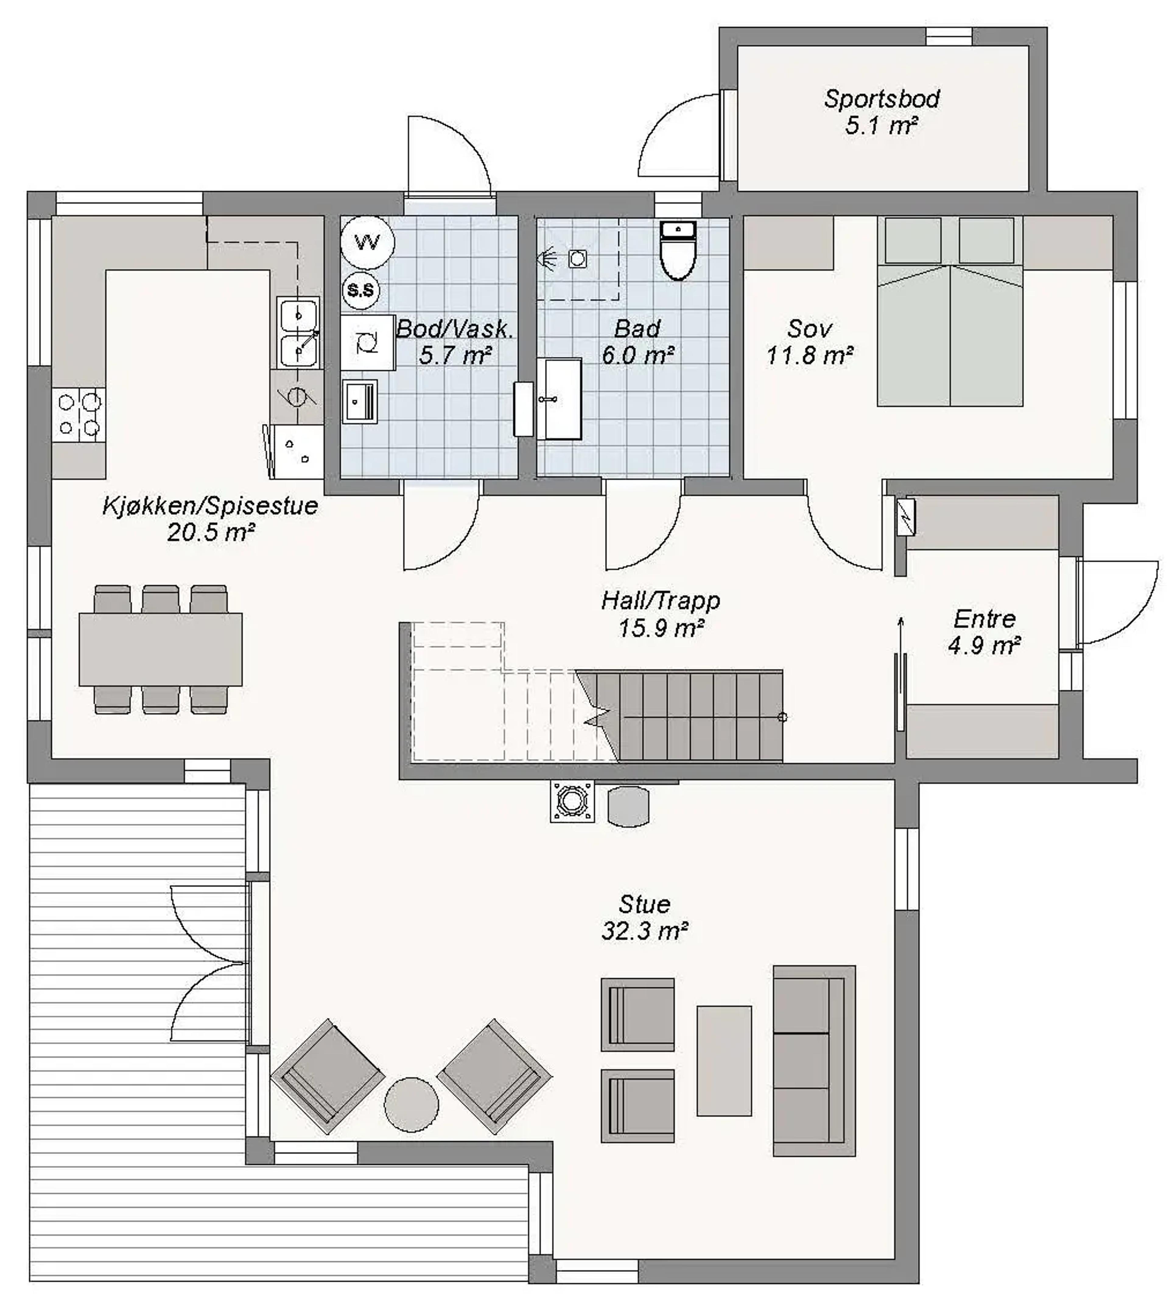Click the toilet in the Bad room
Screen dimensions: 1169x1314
tap(678, 251)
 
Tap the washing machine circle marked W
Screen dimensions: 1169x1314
tap(367, 242)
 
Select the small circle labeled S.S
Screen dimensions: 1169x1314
tap(360, 291)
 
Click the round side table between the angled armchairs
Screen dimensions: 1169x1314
tap(411, 1104)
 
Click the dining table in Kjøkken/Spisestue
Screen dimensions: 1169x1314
tap(161, 649)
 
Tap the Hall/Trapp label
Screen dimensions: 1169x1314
tap(661, 601)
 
